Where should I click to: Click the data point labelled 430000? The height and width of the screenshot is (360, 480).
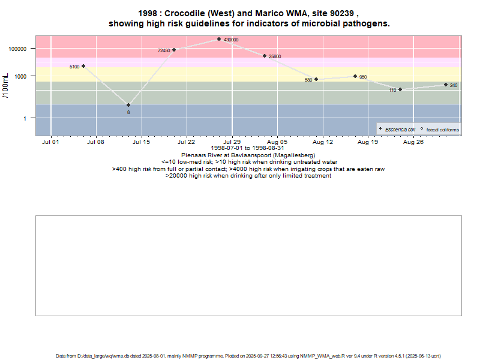pos(219,39)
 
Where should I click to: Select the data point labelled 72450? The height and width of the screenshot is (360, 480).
pos(174,50)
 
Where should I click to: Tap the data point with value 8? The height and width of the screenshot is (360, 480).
pos(128,105)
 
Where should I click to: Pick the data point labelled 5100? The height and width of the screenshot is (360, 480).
pos(83,66)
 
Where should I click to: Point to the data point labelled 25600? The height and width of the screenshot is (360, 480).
pos(265,56)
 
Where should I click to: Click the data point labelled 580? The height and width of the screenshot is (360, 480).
pos(316,79)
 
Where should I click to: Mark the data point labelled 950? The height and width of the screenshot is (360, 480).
pos(355,76)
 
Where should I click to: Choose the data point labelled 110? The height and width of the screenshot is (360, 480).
pos(400,89)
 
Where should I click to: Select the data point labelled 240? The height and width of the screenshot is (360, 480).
pos(446,85)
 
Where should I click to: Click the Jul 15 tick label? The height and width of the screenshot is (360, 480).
pos(142,142)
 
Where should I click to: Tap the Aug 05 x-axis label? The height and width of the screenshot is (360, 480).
pos(277,142)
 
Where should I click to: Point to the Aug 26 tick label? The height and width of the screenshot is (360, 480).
pos(413,142)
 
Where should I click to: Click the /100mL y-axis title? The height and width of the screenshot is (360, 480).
pos(7,85)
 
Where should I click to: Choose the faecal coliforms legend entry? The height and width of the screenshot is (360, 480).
pos(442,130)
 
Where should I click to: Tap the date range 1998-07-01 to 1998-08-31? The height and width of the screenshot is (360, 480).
pos(248,148)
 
